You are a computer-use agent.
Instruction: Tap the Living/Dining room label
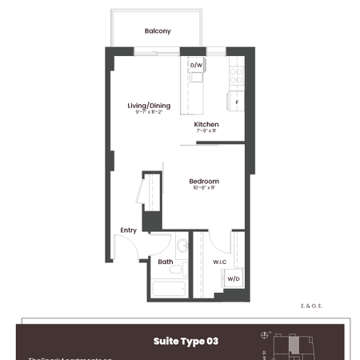pyautogui.click(x=150, y=105)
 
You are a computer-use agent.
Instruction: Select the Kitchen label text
pyautogui.click(x=206, y=125)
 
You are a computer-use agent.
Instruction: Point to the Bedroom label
pyautogui.click(x=204, y=182)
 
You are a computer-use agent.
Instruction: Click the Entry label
pyautogui.click(x=128, y=230)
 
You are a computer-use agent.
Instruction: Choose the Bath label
pyautogui.click(x=166, y=262)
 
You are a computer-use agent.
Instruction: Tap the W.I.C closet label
pyautogui.click(x=222, y=262)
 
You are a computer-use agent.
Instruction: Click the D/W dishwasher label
pyautogui.click(x=197, y=66)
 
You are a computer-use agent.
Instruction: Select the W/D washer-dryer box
pyautogui.click(x=233, y=279)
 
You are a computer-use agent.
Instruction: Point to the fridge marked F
pyautogui.click(x=237, y=102)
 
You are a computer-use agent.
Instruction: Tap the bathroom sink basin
pyautogui.click(x=182, y=246)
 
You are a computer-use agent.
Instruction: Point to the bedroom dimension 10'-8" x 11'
pyautogui.click(x=204, y=189)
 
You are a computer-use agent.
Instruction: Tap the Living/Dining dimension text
pyautogui.click(x=150, y=113)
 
